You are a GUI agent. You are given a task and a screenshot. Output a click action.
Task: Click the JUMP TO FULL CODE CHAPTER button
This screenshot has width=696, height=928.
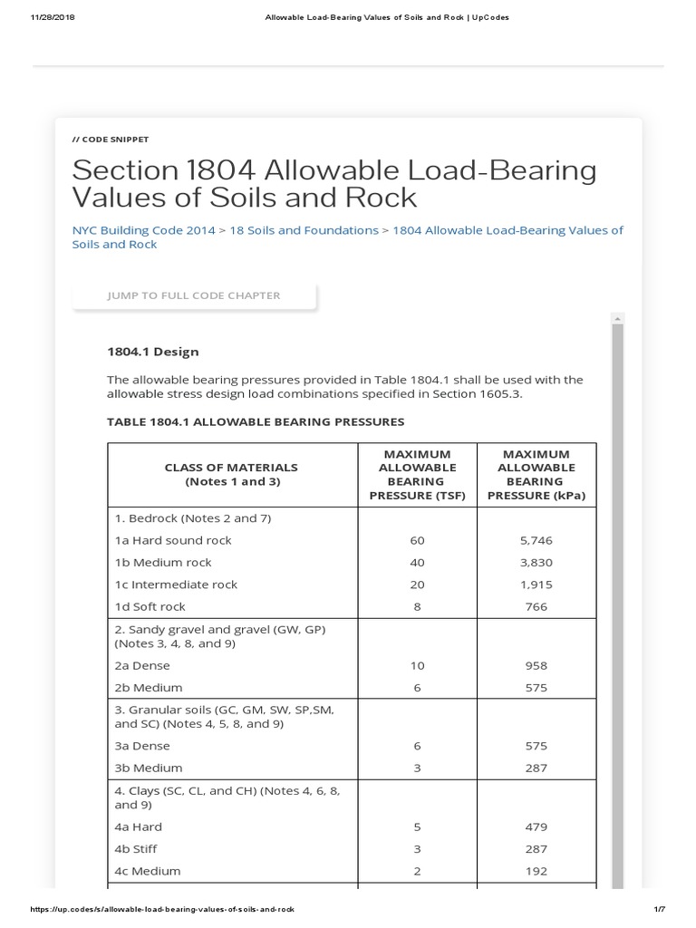194,295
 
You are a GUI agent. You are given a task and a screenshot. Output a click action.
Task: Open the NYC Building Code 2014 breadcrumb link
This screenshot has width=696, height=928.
143,230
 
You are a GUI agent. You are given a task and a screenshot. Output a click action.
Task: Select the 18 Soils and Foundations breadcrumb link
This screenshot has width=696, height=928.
304,230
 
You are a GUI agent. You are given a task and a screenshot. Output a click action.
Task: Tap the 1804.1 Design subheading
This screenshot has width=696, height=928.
152,352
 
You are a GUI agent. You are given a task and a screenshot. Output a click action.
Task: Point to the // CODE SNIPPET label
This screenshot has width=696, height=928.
110,140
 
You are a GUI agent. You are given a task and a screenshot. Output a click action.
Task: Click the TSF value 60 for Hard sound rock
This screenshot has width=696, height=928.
417,540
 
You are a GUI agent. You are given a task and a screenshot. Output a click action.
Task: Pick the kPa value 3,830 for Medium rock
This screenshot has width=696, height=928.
536,562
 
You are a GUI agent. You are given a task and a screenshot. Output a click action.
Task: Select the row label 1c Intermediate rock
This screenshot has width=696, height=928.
176,585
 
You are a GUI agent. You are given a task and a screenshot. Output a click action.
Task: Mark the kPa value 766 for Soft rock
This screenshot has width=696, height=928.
536,606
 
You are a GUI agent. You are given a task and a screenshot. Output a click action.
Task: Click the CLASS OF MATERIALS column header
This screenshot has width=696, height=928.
231,474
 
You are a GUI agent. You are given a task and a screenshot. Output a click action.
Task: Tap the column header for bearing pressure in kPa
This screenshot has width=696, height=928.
536,474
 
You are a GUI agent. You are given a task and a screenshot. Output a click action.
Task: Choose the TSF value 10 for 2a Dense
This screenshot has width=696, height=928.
417,665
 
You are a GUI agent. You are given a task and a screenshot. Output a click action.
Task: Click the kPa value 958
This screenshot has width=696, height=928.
536,665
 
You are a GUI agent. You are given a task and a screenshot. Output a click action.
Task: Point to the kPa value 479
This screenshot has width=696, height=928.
536,826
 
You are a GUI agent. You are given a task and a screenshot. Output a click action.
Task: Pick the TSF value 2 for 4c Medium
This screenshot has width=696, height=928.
417,871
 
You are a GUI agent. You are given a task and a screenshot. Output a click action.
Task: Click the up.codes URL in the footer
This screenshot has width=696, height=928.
163,909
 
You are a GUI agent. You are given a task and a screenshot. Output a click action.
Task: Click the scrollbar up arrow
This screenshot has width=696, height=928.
617,317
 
